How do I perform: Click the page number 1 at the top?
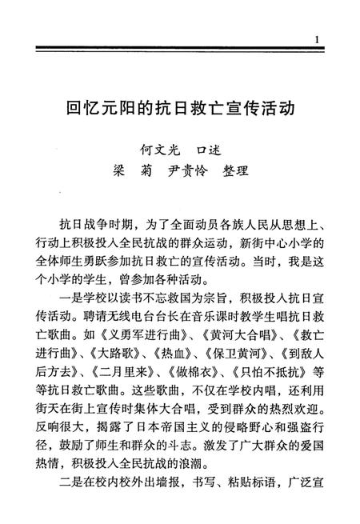[x=318, y=40]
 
